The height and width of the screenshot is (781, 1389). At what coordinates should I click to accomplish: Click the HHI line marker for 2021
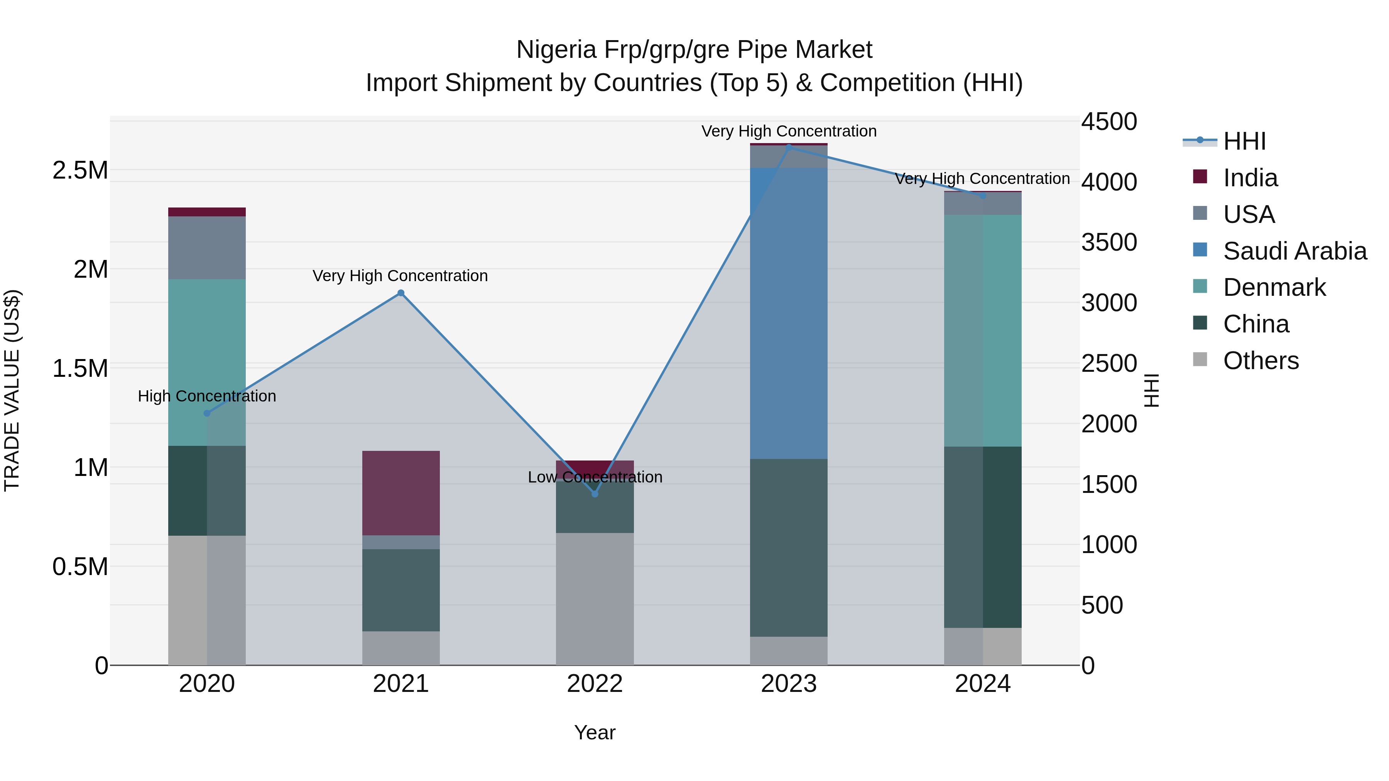[400, 293]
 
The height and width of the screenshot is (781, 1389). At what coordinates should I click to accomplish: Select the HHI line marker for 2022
[595, 494]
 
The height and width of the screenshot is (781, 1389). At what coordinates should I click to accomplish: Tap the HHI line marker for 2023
[789, 147]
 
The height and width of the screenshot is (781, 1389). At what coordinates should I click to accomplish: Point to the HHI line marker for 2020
[207, 413]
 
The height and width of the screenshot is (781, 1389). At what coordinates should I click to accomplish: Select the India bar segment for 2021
[400, 493]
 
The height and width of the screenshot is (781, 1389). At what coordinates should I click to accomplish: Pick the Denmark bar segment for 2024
[982, 331]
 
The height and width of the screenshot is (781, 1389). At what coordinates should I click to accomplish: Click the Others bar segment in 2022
[595, 598]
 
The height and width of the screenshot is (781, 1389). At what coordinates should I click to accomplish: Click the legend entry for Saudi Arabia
[1294, 251]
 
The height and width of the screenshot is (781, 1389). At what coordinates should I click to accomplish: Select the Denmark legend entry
[1274, 287]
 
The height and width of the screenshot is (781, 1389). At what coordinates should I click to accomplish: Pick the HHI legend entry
[1244, 141]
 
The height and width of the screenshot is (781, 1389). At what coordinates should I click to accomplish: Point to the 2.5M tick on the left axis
[80, 170]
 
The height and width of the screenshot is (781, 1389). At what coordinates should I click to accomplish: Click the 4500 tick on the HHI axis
[1108, 122]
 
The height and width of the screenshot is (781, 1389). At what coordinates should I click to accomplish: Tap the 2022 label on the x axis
[595, 684]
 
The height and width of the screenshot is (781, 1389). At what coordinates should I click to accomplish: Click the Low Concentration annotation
[595, 477]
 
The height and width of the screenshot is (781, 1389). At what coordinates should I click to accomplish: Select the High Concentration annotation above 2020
[207, 396]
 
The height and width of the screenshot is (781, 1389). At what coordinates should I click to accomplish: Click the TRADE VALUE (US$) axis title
[12, 390]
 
